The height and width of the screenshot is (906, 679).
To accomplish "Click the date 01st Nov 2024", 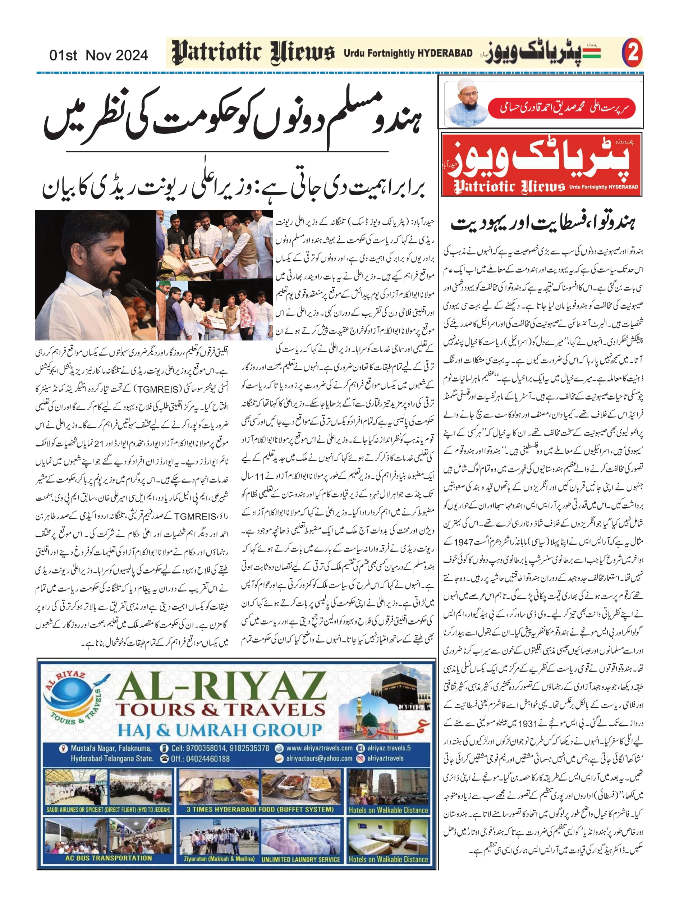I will (x=98, y=55).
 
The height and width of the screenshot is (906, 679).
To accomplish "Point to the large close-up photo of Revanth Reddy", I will (x=95, y=275).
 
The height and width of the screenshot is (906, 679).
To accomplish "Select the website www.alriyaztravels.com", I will (x=319, y=748).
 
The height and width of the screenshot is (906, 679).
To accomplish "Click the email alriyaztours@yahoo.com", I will (x=319, y=759).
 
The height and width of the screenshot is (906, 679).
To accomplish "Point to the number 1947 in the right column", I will (x=464, y=542).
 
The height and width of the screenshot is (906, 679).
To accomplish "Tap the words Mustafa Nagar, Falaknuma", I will (x=111, y=748).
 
